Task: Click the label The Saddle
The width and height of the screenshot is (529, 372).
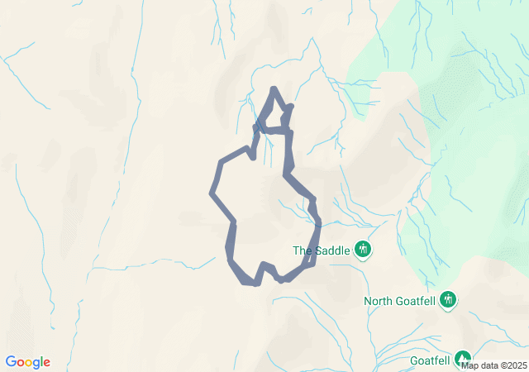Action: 322,250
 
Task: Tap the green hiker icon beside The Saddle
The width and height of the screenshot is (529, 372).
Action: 362,248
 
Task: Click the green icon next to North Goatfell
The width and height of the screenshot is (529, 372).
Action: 448,298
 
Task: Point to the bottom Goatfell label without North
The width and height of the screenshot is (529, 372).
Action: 430,360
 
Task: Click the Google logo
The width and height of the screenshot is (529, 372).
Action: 27,362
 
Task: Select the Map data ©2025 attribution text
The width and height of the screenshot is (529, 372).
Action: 493,365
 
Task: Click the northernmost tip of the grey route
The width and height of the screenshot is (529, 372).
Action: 274,88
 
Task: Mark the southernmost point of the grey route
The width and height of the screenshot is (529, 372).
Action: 251,284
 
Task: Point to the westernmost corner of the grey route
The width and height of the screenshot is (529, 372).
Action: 212,193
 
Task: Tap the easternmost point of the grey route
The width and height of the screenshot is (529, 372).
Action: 319,225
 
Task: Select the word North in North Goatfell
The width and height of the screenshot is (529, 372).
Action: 379,301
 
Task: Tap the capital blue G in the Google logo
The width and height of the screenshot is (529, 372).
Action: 10,362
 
